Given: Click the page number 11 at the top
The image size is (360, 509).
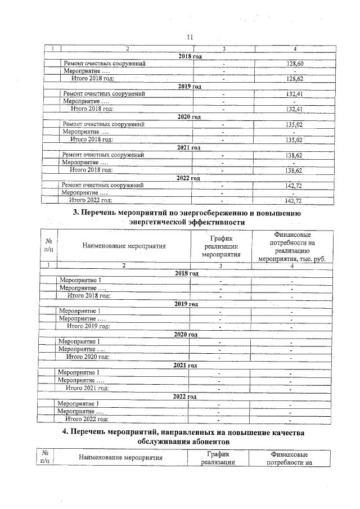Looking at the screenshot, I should (x=189, y=37).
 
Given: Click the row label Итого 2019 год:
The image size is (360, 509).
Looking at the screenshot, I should (x=88, y=326).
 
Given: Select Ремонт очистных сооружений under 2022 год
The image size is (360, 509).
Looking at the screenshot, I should (x=102, y=185).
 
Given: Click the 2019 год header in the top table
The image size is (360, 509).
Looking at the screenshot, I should (x=189, y=87).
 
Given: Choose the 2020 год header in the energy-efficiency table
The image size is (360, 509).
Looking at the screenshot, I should (x=185, y=334).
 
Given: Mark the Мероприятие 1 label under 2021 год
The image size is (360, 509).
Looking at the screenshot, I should (x=79, y=372).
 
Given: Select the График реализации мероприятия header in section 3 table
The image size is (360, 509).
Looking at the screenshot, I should (x=220, y=246).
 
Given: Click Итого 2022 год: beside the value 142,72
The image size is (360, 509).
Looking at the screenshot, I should (x=90, y=200).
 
